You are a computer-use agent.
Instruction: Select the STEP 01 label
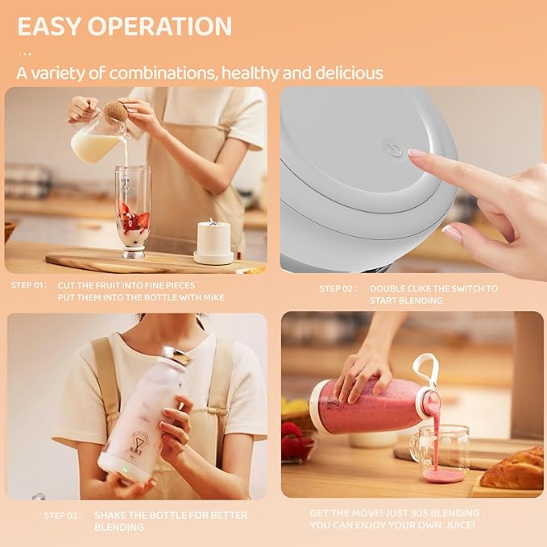tap(28, 285)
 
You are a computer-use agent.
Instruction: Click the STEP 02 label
tap(337, 288)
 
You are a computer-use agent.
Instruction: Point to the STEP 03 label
tap(64, 515)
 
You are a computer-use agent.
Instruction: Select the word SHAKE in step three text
tap(110, 515)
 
